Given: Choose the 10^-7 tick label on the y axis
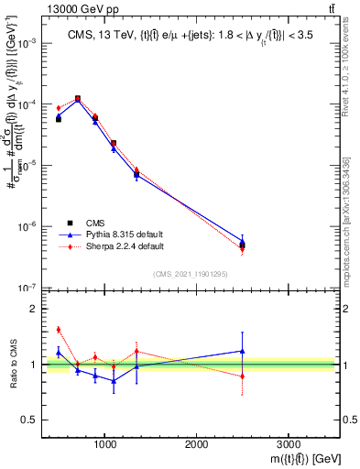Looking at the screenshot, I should coord(27,288).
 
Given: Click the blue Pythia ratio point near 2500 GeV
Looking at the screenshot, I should coord(243,351).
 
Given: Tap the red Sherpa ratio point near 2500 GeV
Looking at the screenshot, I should coord(243,376).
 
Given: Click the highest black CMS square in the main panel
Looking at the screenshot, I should coord(78,99).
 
